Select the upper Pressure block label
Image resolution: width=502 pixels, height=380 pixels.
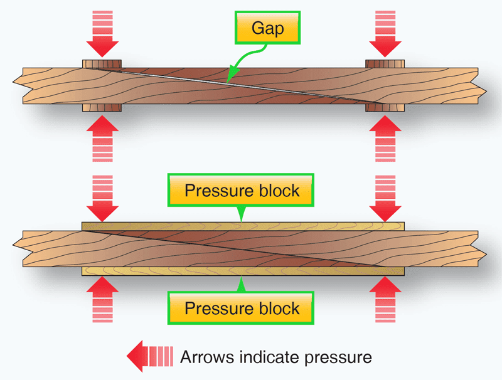pos(242,191)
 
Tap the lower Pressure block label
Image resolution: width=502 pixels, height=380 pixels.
pos(242,308)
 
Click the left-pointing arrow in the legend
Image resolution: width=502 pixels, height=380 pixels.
pos(149,357)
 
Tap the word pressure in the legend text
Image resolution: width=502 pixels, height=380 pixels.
pos(338,358)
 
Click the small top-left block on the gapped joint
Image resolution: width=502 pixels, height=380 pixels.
pos(102,63)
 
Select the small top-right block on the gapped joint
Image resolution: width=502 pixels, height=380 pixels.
pos(385,63)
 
